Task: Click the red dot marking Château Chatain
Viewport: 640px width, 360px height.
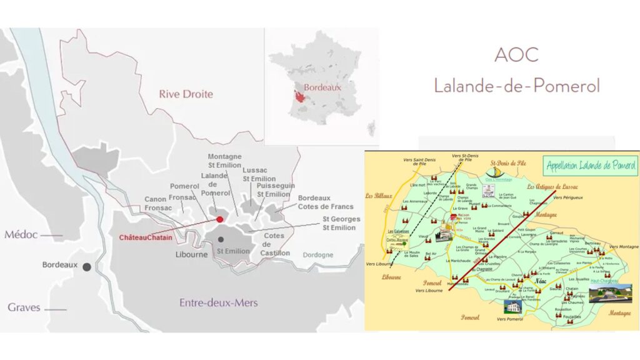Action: point(219,219)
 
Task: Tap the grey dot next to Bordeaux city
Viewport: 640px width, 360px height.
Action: point(87,266)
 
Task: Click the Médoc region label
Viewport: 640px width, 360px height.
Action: point(22,235)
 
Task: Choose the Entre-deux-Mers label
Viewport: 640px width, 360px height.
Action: point(218,303)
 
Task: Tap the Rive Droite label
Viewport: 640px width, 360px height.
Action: point(186,94)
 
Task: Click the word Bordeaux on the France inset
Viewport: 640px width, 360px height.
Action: point(322,88)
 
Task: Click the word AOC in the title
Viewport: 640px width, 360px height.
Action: point(516,55)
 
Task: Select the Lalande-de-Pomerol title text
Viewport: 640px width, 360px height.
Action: point(516,85)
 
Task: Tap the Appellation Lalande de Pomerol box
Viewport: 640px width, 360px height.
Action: point(591,166)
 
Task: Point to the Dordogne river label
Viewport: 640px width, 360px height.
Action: point(319,255)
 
